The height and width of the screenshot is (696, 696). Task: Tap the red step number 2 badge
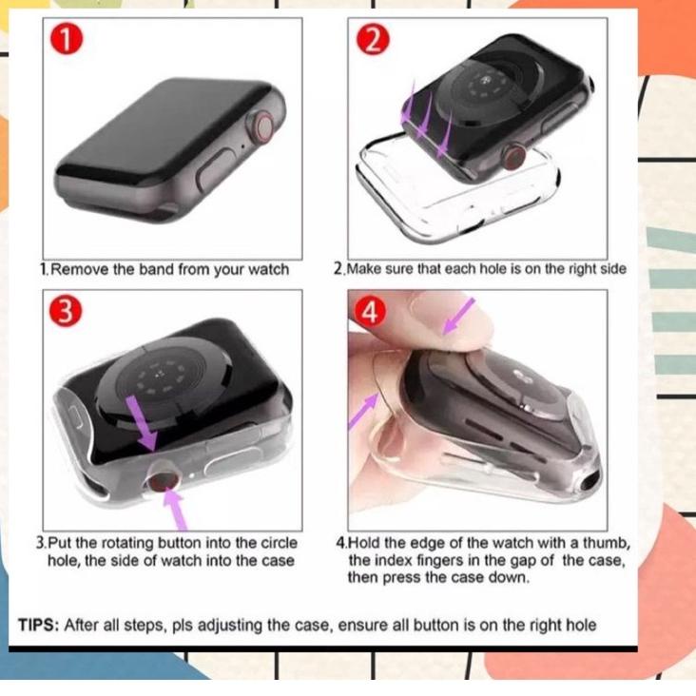[x=372, y=41]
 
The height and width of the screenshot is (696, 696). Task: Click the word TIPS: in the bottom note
[x=38, y=625]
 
